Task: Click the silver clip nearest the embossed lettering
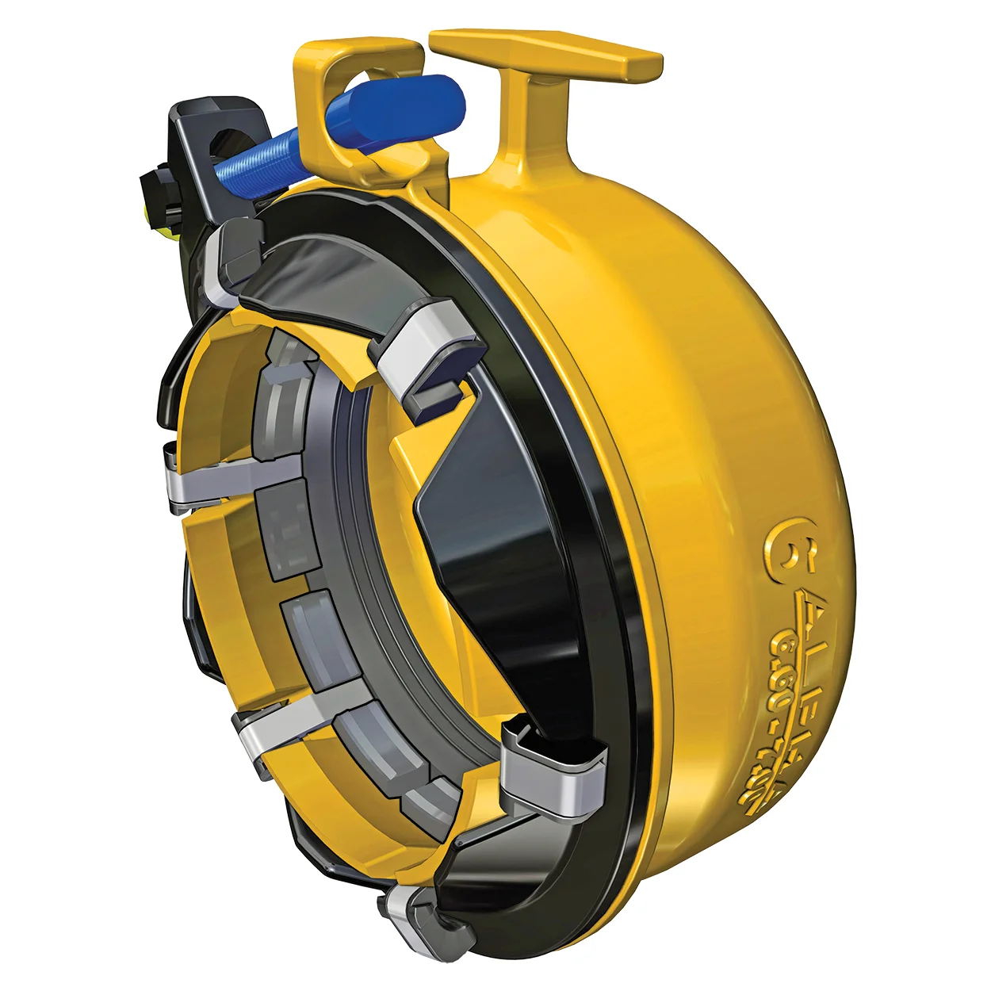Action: [x=555, y=773]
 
